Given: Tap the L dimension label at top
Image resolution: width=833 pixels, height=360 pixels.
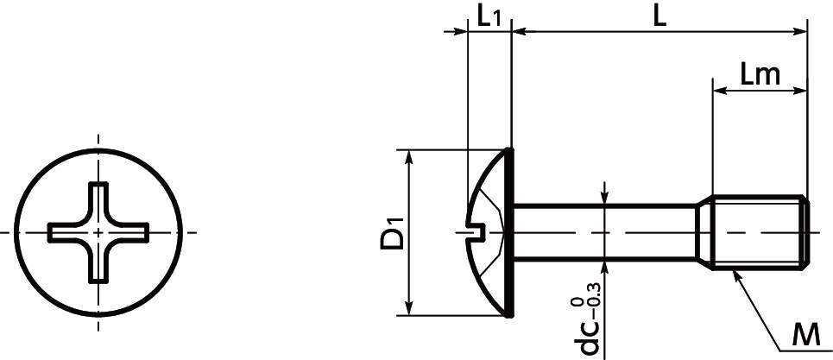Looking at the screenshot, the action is [x=659, y=17].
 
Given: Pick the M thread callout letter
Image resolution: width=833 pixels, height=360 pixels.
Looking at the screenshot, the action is [x=806, y=336].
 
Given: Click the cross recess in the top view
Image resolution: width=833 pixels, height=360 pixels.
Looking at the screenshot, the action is [x=98, y=232].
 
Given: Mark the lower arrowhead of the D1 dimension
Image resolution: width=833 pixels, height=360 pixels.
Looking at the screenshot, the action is [x=409, y=307].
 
